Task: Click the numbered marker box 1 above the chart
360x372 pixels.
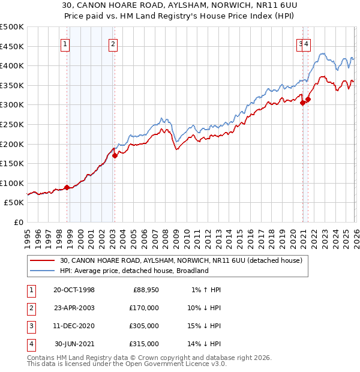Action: tap(64, 43)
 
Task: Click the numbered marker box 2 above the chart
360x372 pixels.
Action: tap(113, 43)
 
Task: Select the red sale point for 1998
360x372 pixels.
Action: tap(67, 187)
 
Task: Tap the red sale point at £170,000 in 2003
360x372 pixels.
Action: tap(115, 155)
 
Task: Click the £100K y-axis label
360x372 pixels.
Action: tap(12, 183)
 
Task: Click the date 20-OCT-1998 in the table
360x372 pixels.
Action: tap(74, 290)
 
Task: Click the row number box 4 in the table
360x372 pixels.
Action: tap(30, 344)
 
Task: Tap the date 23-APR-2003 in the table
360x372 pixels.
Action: tap(74, 308)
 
